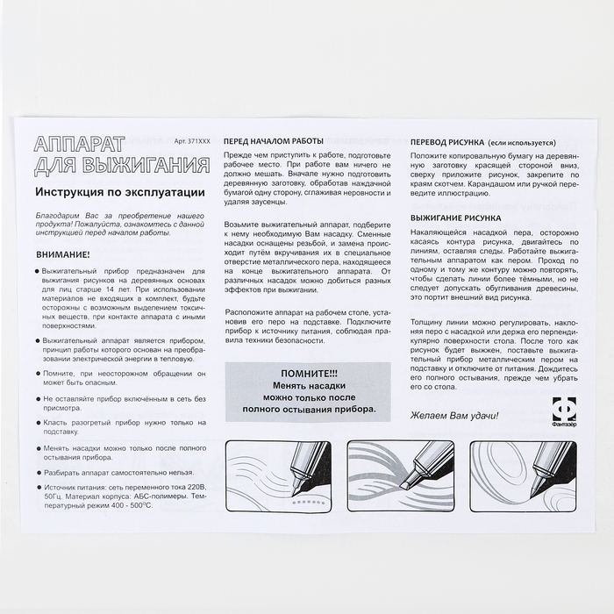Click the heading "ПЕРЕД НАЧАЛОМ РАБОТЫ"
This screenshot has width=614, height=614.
click(274, 140)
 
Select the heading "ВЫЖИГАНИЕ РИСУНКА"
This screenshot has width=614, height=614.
click(455, 216)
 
